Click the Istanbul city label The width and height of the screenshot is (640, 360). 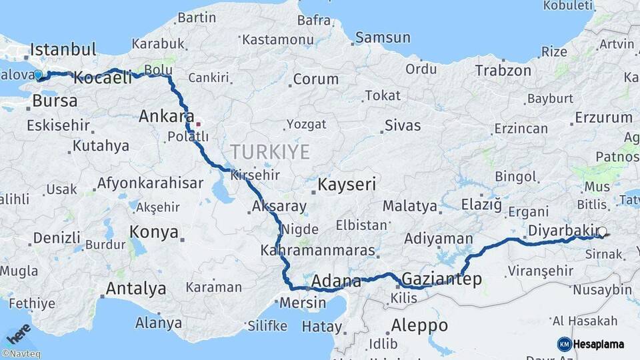[63, 49]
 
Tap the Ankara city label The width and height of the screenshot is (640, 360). [167, 117]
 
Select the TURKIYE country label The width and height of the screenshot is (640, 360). [270, 152]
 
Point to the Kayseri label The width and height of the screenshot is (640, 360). [347, 184]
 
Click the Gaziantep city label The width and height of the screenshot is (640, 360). [442, 279]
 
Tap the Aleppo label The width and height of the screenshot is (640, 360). [419, 326]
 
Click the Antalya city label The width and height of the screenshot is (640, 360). [136, 289]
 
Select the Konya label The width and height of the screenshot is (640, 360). [154, 232]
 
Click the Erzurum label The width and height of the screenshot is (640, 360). [603, 117]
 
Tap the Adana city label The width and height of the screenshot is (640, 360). [336, 281]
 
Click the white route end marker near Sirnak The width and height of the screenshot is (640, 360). [602, 232]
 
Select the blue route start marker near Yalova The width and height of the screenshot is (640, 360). [38, 75]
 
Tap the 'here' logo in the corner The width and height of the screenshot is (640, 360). [17, 333]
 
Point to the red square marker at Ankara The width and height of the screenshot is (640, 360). [198, 123]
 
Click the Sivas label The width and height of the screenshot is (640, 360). [403, 125]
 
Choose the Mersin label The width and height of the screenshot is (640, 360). [303, 302]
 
